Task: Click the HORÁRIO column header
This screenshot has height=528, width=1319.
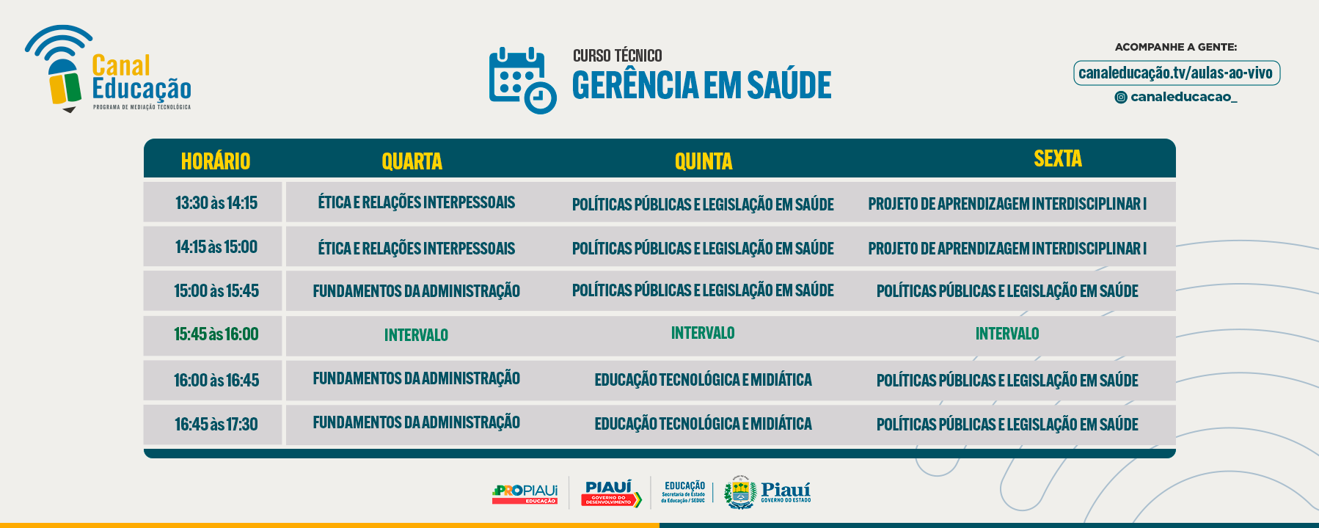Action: pos(216,161)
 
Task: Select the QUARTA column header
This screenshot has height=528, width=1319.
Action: pos(412,161)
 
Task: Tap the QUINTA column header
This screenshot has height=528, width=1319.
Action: pos(704,161)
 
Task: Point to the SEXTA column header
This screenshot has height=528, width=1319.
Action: pos(1058,158)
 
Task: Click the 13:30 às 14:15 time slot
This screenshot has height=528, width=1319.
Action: pos(216,203)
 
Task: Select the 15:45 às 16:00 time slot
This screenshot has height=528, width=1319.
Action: pos(216,334)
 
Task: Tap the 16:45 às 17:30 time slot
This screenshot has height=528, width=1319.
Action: pos(216,425)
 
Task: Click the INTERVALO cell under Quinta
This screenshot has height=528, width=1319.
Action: pos(703,333)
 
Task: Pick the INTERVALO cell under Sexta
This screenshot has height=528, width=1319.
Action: pos(1007,334)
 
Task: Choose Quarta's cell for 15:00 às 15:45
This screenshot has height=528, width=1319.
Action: pos(417,291)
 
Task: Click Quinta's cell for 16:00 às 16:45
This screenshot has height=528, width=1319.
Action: pos(703,380)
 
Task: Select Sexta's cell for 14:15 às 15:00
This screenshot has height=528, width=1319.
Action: pos(1007,249)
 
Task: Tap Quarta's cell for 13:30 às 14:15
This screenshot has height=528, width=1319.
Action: pos(417,202)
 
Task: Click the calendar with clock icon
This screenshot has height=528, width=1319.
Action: pos(522,80)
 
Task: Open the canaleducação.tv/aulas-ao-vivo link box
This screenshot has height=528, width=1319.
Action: pos(1176,73)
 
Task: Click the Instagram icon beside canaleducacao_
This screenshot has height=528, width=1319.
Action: pos(1121,98)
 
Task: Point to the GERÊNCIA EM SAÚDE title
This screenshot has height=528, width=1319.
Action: pos(702,85)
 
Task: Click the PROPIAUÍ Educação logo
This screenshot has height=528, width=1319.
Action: pos(525,494)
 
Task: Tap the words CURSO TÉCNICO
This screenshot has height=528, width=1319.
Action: pos(618,56)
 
